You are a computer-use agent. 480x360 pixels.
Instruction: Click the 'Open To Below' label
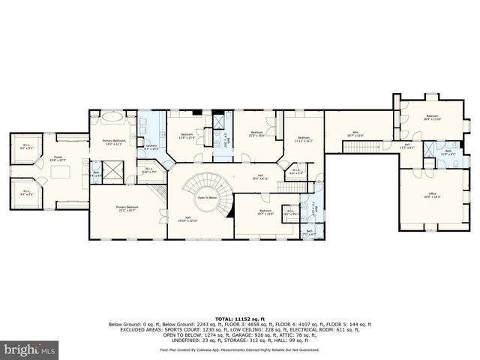pos(207,197)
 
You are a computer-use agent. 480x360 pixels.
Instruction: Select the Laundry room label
pos(151,147)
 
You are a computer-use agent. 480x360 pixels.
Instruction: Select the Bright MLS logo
pos(28,350)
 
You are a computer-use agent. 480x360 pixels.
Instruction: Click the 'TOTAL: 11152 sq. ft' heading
pos(239,319)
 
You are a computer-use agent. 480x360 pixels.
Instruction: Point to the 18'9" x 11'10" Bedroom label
pos(432,117)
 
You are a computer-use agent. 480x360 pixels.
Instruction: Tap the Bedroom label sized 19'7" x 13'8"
pos(265,212)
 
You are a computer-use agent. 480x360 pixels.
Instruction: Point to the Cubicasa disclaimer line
pos(239,349)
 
